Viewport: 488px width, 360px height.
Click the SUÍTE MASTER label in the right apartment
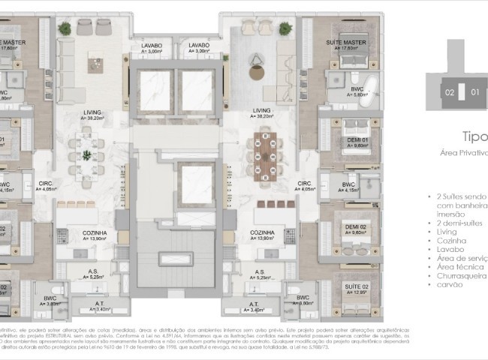[346, 43]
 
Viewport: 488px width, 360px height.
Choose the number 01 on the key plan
[474, 93]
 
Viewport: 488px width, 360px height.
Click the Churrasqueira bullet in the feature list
[459, 275]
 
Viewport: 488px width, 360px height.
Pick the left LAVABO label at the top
[152, 46]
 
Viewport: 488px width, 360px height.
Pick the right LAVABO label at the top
[198, 46]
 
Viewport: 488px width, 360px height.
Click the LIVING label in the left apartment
[93, 112]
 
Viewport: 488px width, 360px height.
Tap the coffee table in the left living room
[95, 61]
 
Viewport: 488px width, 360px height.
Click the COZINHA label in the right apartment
[262, 233]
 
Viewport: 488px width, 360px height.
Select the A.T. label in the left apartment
[98, 304]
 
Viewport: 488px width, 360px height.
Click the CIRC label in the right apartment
[304, 183]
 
